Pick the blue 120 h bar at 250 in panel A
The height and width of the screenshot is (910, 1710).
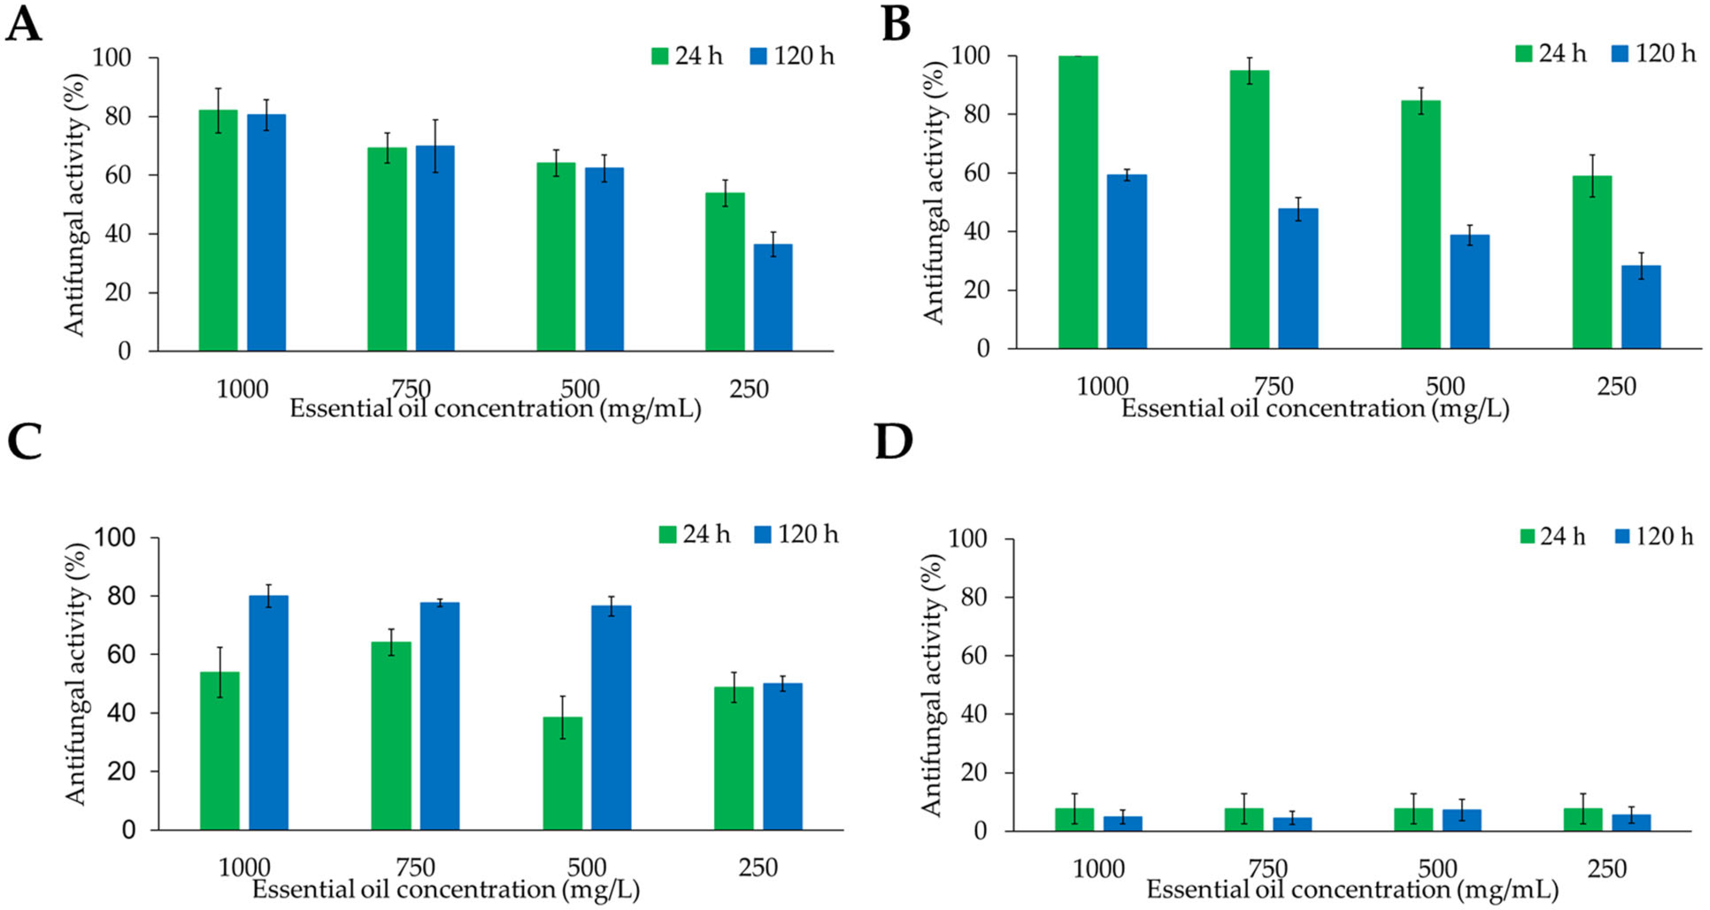(x=772, y=297)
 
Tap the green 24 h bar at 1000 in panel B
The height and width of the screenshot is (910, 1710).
(x=1078, y=202)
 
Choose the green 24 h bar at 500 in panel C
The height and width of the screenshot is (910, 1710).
(x=563, y=773)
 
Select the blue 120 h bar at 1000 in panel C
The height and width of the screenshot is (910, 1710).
(x=269, y=713)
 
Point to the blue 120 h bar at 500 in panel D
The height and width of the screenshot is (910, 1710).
(x=1462, y=820)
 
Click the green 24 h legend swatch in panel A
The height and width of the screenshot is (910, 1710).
(x=660, y=56)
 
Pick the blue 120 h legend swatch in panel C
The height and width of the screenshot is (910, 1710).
(x=764, y=534)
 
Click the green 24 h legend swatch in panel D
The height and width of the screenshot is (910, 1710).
(x=1528, y=536)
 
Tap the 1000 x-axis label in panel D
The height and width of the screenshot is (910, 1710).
(x=1099, y=869)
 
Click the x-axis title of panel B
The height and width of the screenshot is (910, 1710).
(x=1315, y=409)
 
